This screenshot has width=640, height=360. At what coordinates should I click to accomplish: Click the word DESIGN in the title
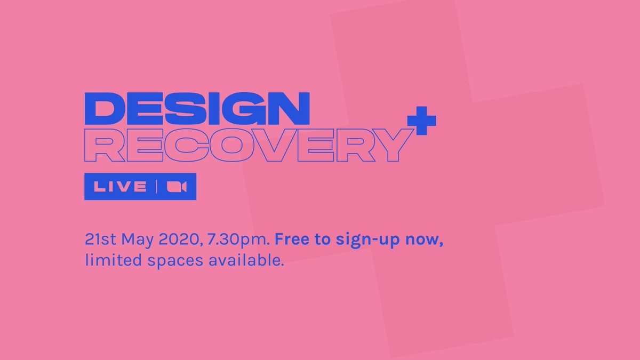(197, 109)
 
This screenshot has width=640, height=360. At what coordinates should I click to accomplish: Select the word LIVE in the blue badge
(120, 187)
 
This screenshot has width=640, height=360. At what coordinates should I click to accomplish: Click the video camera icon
(176, 187)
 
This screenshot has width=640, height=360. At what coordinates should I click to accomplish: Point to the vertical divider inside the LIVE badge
(156, 187)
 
